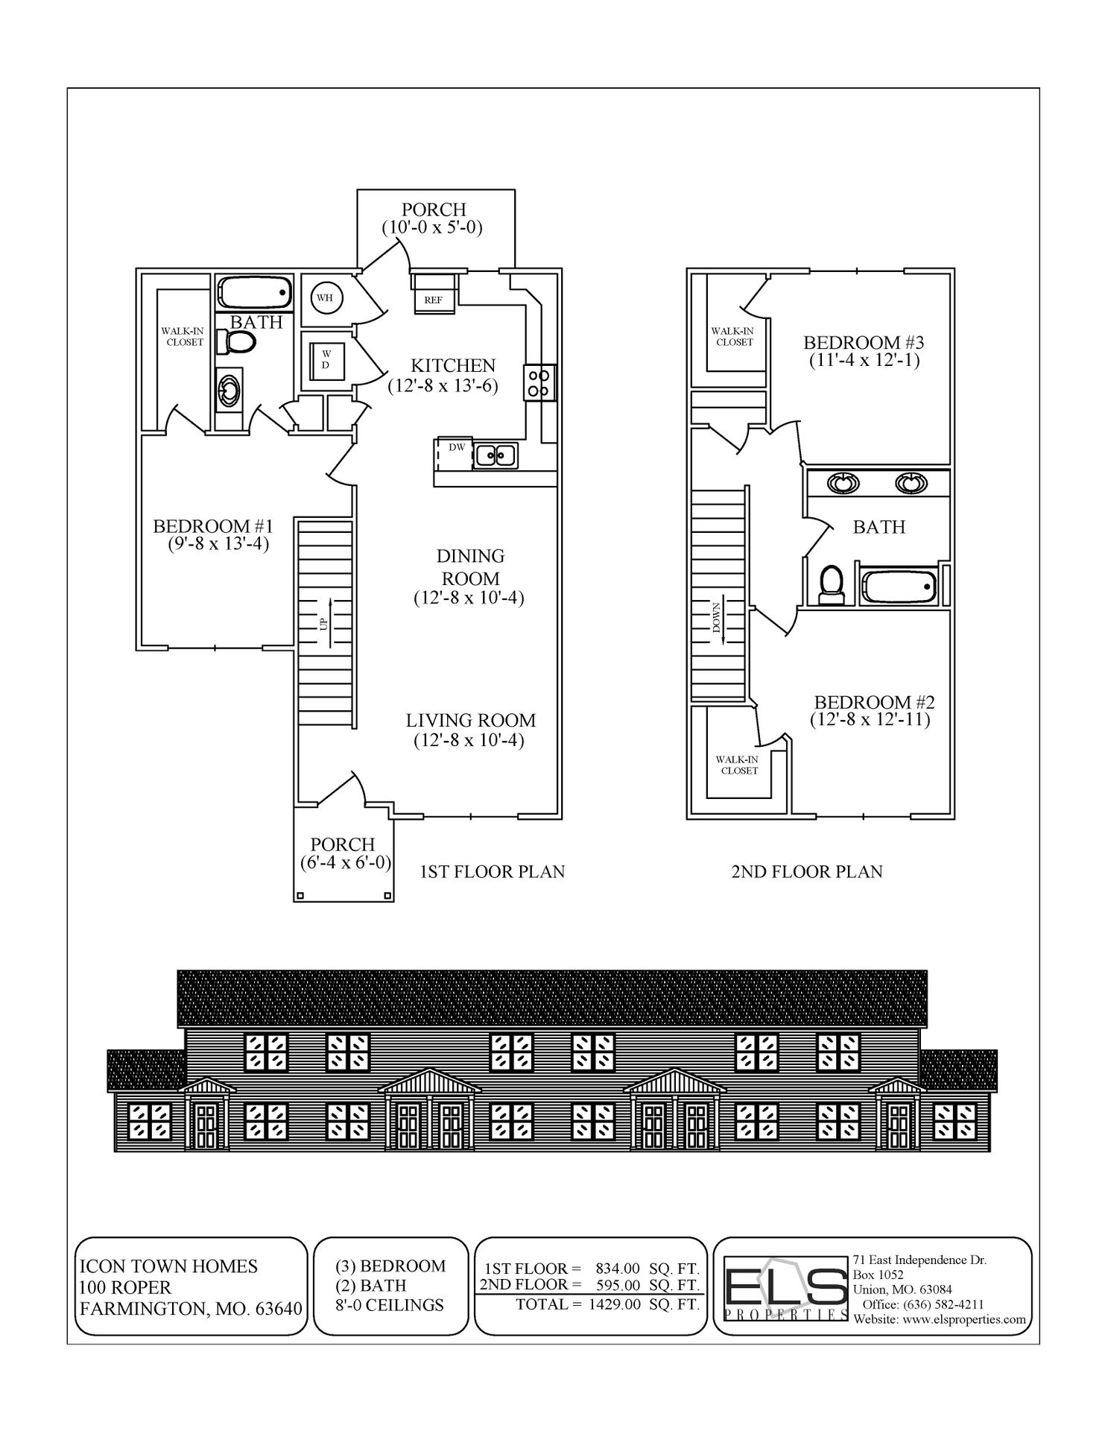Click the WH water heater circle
(324, 297)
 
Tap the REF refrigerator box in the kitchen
(433, 300)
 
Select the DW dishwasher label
(456, 447)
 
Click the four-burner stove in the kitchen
(539, 382)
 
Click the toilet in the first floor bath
(236, 342)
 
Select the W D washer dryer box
(325, 359)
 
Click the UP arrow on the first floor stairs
(325, 613)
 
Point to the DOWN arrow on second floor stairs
(718, 618)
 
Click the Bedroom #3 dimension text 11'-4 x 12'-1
(864, 361)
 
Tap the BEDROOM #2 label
(873, 702)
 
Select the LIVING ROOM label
(470, 721)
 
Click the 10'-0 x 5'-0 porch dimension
(432, 228)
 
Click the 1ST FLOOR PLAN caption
(492, 871)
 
